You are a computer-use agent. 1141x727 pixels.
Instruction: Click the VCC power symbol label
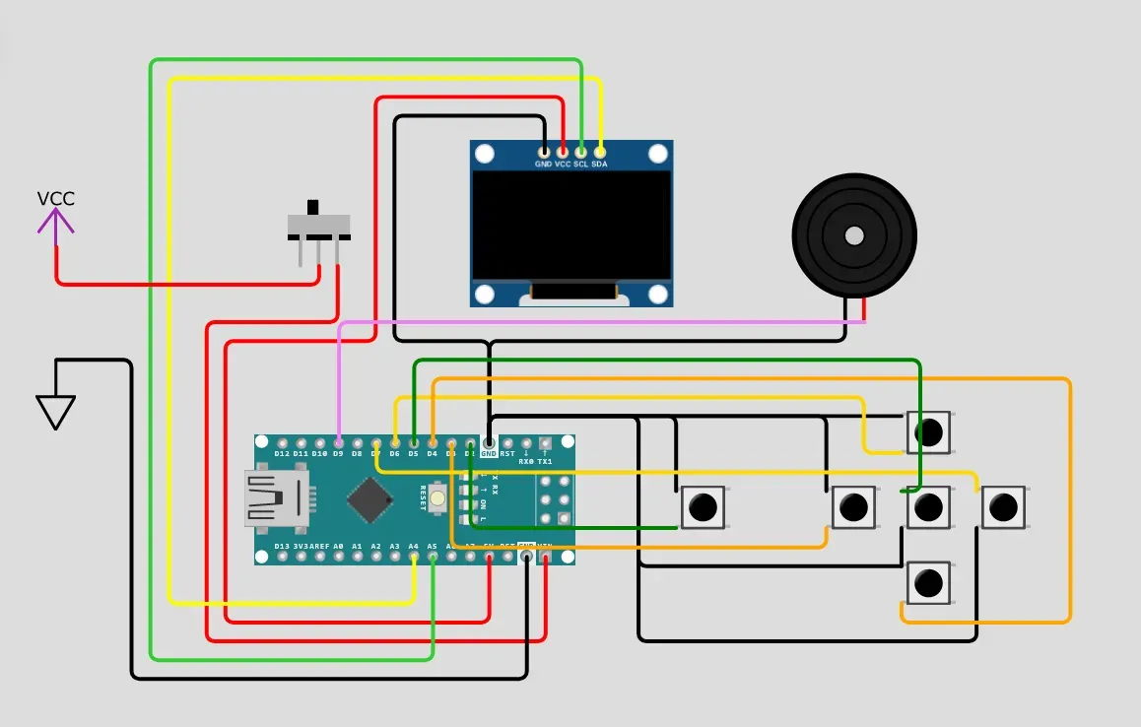55,199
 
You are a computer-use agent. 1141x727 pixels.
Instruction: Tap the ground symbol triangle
55,411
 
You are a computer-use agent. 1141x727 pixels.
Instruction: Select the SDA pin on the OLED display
600,153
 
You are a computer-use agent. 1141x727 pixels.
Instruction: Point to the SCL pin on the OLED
581,153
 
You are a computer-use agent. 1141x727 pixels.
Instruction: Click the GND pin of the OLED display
543,153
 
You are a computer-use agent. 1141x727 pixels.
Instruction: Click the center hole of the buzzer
854,235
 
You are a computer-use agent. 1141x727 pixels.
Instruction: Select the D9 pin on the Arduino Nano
339,443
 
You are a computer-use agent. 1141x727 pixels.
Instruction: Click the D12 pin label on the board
283,454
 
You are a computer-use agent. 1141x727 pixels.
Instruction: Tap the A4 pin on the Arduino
414,557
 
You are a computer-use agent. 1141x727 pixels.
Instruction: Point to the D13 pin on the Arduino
283,557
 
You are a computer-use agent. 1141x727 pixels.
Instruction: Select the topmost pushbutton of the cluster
928,431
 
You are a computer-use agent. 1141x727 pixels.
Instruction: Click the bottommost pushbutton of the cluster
928,583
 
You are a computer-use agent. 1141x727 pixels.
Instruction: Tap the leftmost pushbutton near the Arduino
704,507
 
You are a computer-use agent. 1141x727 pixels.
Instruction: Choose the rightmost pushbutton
1003,507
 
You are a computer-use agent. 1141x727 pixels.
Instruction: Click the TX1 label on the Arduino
545,461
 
